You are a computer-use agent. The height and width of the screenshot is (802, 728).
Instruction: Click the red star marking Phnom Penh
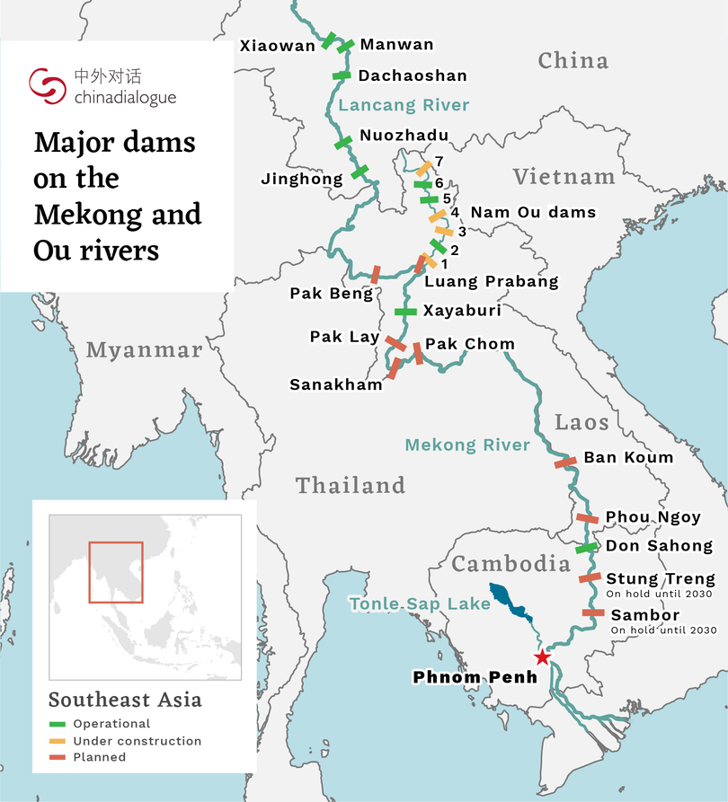click(541, 657)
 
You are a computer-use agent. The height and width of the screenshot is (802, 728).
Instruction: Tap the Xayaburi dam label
click(462, 311)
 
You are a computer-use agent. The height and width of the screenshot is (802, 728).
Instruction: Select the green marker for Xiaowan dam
click(327, 40)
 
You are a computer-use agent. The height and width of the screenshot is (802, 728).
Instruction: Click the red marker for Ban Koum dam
click(565, 462)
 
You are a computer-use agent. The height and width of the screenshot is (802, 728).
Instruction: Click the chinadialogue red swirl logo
click(47, 86)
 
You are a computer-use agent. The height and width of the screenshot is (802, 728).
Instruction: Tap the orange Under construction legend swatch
click(58, 741)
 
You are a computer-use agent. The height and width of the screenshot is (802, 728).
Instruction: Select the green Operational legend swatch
click(58, 724)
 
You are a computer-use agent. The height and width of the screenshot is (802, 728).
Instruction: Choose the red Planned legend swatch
click(58, 757)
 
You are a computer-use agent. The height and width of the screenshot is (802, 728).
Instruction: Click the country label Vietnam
click(564, 177)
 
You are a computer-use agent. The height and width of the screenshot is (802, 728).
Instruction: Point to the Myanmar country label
click(144, 350)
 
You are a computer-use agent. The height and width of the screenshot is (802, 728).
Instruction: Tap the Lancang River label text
click(404, 105)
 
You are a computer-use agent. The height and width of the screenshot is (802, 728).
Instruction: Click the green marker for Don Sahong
click(586, 547)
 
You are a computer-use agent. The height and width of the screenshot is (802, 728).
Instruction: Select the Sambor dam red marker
click(593, 613)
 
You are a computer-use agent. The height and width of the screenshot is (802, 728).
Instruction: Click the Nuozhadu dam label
click(404, 136)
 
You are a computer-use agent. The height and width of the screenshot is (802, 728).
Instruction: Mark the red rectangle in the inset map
click(115, 572)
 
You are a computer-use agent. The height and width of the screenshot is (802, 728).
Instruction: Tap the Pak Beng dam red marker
click(376, 274)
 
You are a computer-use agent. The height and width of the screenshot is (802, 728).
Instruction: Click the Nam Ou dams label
click(533, 212)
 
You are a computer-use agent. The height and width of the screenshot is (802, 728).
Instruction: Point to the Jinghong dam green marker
click(360, 171)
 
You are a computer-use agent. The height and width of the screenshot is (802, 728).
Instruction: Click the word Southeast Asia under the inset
click(125, 700)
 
